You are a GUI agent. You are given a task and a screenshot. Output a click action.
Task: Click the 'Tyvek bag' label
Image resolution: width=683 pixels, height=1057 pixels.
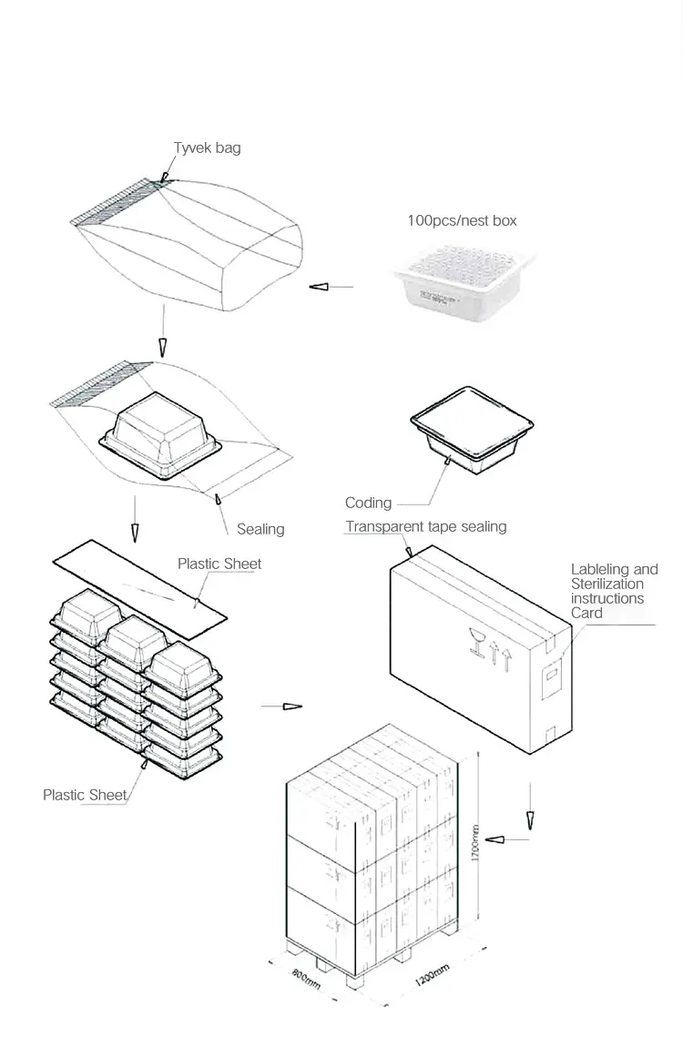click(x=207, y=147)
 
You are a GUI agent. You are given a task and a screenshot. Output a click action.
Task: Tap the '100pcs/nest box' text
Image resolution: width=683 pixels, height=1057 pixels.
click(x=462, y=220)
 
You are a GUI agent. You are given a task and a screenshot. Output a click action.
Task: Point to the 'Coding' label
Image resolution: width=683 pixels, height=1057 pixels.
click(x=368, y=503)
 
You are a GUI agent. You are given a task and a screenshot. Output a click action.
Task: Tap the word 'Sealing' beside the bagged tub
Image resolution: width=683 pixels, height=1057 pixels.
click(x=260, y=529)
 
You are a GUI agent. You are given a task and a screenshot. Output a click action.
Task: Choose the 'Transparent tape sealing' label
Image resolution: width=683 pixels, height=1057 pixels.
click(x=425, y=526)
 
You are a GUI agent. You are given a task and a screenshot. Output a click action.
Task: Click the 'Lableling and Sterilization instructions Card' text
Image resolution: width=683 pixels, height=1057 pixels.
click(x=614, y=591)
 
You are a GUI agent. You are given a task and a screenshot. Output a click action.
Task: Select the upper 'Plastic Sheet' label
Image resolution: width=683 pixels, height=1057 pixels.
click(x=219, y=564)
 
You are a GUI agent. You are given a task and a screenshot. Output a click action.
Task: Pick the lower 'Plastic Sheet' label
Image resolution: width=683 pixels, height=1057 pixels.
click(x=85, y=795)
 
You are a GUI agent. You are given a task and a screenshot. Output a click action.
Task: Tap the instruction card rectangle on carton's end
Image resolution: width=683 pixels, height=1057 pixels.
click(x=551, y=680)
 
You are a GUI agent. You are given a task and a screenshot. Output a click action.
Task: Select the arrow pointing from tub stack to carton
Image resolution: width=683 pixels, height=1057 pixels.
click(x=291, y=706)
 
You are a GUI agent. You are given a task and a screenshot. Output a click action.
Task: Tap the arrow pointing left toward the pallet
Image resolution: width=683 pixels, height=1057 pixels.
click(x=497, y=838)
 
